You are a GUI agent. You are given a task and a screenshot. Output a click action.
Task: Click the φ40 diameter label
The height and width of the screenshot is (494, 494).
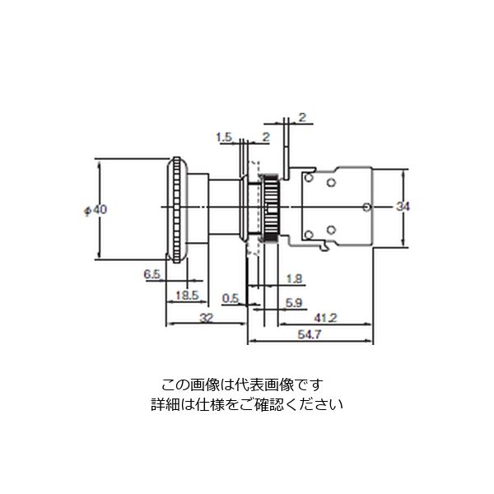pyautogui.click(x=96, y=210)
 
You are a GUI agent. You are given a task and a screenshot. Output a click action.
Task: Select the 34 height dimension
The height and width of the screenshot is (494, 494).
pyautogui.click(x=403, y=207)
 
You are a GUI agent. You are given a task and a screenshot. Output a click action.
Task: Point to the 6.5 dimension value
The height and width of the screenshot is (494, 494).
pyautogui.click(x=151, y=274)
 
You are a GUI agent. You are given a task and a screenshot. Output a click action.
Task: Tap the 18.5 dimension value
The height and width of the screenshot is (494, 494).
pyautogui.click(x=187, y=296)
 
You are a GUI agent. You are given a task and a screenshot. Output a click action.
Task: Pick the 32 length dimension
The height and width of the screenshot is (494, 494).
pyautogui.click(x=207, y=318)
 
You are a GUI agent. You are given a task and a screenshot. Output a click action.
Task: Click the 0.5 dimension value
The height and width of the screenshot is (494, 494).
pyautogui.click(x=231, y=298)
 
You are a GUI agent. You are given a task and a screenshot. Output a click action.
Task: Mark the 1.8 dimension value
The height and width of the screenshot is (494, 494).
pyautogui.click(x=294, y=279)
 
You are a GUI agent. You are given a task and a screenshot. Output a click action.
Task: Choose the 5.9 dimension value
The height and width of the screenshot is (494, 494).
pyautogui.click(x=294, y=303)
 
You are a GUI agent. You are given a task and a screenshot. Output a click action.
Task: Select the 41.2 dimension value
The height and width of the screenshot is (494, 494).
pyautogui.click(x=325, y=318)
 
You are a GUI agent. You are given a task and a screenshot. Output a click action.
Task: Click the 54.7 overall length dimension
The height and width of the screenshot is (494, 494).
pyautogui.click(x=310, y=334)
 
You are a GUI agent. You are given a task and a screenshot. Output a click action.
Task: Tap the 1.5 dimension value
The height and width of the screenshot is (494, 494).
pyautogui.click(x=224, y=137)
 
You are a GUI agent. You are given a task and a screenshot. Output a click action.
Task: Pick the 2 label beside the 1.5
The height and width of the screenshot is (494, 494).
pyautogui.click(x=266, y=137)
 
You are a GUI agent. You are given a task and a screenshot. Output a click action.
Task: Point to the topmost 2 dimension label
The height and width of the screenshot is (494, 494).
pyautogui.click(x=302, y=118)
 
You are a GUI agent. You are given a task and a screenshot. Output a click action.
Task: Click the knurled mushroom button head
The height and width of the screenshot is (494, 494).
pyautogui.click(x=177, y=210)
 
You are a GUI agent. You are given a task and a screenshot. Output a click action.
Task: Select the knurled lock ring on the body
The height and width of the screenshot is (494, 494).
pyautogui.click(x=271, y=207)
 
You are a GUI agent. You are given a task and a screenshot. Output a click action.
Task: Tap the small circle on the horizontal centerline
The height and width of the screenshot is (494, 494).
pyautogui.click(x=366, y=207)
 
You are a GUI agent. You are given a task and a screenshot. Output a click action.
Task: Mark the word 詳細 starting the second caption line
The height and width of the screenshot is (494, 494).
pyautogui.click(x=165, y=404)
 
